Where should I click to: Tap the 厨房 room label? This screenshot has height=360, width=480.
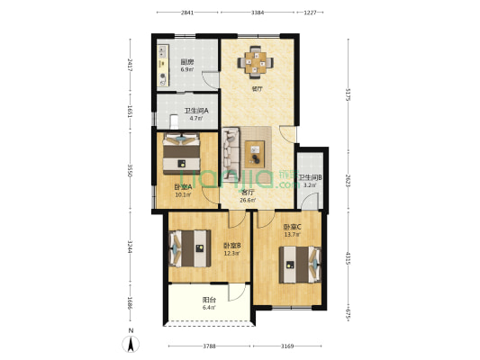click(x=187, y=62)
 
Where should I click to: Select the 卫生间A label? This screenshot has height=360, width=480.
click(x=196, y=111)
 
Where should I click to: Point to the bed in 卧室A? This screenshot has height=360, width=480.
click(x=183, y=152)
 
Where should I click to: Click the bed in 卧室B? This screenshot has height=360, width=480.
click(x=191, y=251)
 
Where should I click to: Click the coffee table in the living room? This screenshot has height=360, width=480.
click(x=255, y=150)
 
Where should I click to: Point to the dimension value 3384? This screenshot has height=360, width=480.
click(x=258, y=13)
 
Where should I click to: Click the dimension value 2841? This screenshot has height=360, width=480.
click(x=187, y=13)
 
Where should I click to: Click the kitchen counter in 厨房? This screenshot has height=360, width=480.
click(x=163, y=64)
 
